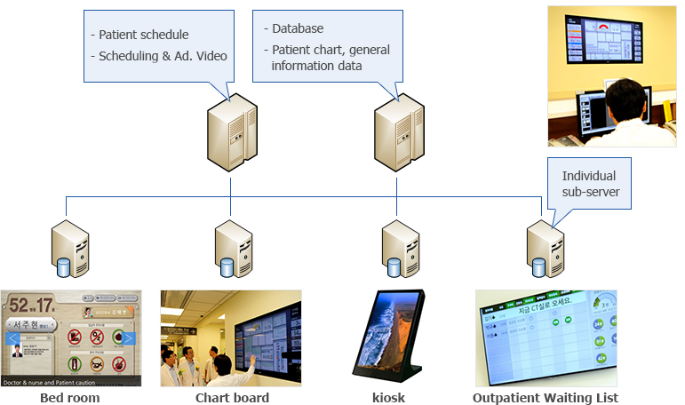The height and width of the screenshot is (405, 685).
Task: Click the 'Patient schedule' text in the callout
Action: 143,35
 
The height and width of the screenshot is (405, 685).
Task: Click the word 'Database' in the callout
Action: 298,29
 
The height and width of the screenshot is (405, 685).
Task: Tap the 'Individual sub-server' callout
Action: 588,183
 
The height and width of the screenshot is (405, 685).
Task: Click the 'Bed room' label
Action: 69,398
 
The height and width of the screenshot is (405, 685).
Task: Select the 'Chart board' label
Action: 232,398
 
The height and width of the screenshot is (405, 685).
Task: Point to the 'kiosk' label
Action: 388,398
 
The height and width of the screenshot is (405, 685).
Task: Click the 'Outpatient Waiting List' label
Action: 545,398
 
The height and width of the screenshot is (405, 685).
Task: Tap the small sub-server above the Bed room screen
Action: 69,250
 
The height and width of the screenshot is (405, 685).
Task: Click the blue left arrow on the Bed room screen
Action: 12,338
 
